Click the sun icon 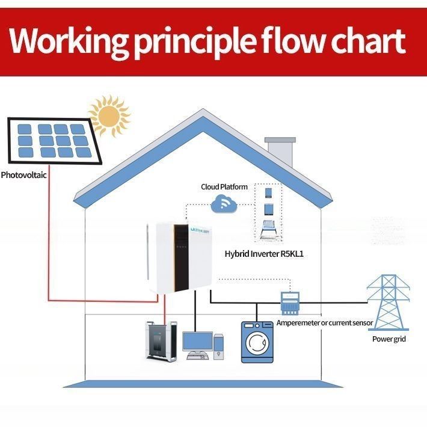click(109, 116)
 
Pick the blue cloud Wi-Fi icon click(224, 205)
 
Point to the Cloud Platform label click(224, 187)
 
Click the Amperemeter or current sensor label click(325, 323)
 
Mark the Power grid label click(389, 339)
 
